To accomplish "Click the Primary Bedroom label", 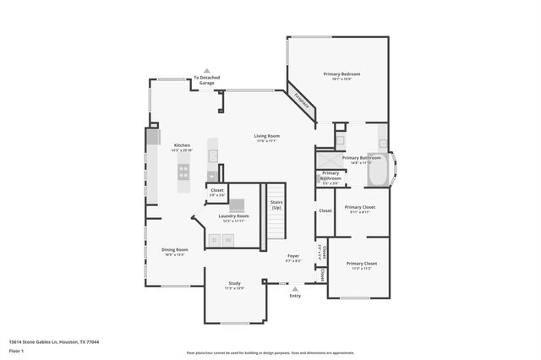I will [342, 74].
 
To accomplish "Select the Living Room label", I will [267, 136].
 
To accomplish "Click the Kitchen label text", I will [182, 145].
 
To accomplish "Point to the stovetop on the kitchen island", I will [183, 172].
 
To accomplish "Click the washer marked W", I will [227, 240].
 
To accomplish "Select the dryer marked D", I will [215, 240].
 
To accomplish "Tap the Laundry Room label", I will [233, 216].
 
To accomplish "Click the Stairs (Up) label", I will [276, 205].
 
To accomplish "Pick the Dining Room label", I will [174, 249].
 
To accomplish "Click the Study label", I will [234, 284].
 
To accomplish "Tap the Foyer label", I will [293, 256].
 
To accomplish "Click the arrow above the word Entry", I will [295, 288].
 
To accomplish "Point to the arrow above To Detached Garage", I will [206, 71].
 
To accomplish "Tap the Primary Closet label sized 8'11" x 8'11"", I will [359, 207].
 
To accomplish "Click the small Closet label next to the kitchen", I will [217, 190].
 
